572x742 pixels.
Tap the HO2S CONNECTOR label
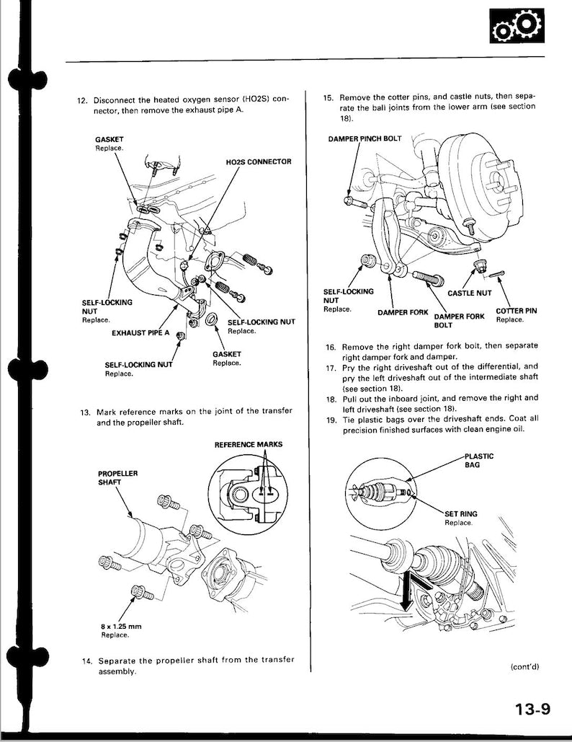pos(258,162)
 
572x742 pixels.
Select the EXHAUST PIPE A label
pos(141,333)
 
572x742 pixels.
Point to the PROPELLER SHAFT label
pos(117,478)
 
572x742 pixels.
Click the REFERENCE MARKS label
pos(249,444)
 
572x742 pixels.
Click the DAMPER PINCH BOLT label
pos(365,138)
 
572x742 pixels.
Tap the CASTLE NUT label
pos(470,293)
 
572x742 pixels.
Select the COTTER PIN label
pos(516,311)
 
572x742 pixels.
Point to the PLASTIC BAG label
pos(478,460)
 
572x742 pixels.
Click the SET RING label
pos(461,513)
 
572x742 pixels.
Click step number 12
pos(82,100)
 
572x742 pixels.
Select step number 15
pos(329,97)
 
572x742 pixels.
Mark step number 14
pos(86,661)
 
